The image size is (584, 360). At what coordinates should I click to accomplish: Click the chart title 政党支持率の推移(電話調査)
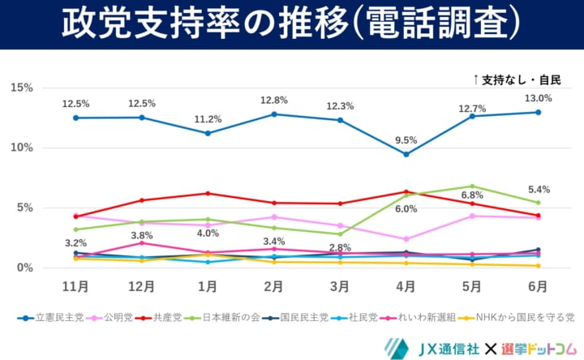291,24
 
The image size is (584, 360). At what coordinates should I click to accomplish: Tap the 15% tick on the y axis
21,88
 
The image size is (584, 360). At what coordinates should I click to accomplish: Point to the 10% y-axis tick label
21,148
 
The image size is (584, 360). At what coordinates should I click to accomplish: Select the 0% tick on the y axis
24,268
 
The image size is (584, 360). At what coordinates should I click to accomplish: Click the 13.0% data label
538,98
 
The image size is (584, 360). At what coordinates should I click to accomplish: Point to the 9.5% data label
406,139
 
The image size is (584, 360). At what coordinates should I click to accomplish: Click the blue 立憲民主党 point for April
406,154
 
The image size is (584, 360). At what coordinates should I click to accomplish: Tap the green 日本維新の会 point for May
471,186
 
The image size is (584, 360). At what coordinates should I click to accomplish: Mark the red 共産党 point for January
208,193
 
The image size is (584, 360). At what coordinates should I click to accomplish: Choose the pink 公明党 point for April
406,239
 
